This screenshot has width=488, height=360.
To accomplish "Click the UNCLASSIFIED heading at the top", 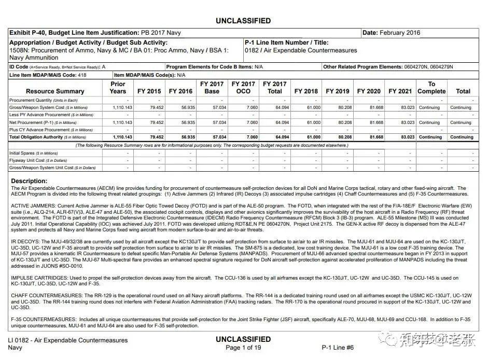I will tap(243, 21).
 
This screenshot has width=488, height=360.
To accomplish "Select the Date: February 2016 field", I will tap(391, 33).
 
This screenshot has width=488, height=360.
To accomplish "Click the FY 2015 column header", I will tap(149, 91).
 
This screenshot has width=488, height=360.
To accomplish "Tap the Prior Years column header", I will tap(118, 88).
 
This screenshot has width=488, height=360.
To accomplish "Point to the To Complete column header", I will tap(431, 88).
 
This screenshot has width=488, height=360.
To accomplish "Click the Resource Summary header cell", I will tap(55, 91).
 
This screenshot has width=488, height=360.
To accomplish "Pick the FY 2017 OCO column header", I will tap(243, 88).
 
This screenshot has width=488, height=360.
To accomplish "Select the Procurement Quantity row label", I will tap(43, 100).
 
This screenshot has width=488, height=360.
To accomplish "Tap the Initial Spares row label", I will tap(34, 154).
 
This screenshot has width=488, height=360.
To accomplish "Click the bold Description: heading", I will tap(29, 181).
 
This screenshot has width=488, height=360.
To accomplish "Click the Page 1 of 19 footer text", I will tap(243, 348).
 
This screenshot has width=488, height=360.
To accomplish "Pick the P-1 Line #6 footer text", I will tap(338, 348).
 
